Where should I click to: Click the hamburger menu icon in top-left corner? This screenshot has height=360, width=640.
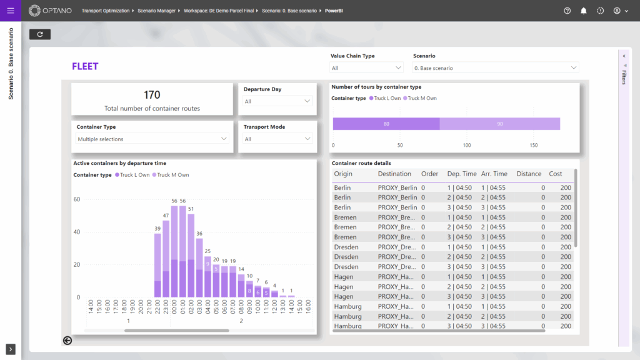point(11,11)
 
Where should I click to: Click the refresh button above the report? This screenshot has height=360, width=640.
point(40,34)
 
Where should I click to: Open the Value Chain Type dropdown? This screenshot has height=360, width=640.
point(366,67)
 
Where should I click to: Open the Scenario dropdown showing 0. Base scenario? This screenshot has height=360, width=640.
point(496,67)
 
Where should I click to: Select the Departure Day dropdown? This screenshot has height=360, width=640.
point(277,101)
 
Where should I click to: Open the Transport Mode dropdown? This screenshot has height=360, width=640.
point(277,139)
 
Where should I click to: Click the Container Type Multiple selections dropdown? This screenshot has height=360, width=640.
point(152,139)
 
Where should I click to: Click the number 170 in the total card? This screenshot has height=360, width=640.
point(152,95)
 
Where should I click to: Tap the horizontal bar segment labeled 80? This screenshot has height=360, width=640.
point(386,124)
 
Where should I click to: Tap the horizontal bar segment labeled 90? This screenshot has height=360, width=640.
point(500,124)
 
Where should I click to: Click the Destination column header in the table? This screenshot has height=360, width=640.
point(394,174)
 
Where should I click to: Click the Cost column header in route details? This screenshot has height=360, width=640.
point(555,174)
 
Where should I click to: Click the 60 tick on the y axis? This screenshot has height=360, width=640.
point(77,199)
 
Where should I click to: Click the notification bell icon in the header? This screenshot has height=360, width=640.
point(584,11)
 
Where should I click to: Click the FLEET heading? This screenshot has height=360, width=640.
point(85,66)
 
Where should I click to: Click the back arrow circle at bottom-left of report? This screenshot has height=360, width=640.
point(67,341)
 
